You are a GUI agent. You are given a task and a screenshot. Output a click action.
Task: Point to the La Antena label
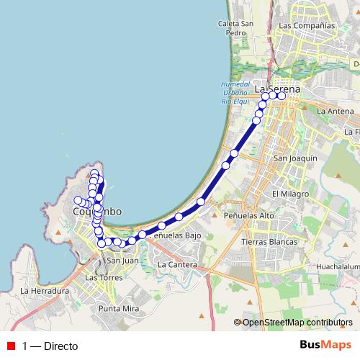[336, 111]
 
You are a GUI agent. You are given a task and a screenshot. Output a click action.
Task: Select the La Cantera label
[177, 264]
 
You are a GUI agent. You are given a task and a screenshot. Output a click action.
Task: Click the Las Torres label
[102, 277]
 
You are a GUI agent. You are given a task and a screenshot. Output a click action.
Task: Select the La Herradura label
[45, 291]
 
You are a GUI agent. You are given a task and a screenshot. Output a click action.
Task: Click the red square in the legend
[10, 345]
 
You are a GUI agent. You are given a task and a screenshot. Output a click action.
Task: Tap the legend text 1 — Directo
[50, 345]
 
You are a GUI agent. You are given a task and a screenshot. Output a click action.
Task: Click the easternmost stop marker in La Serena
[282, 95]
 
